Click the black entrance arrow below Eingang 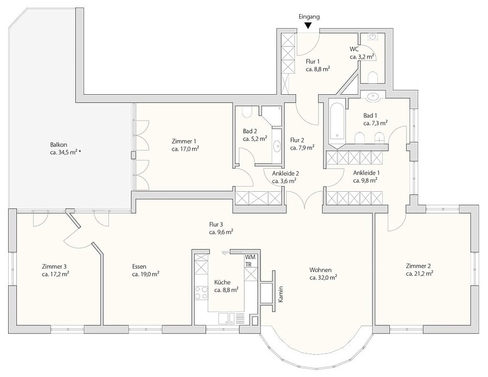coord(308,26)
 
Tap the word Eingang coord(309,17)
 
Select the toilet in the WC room coord(372,77)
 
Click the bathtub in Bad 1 coord(338,121)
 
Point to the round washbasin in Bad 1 coord(373,97)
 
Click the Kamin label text coord(281,294)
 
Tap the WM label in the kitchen coord(250,257)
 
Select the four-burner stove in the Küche coord(201,293)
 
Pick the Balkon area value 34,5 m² coord(65,153)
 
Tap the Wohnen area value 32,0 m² coord(324,277)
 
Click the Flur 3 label coord(216,224)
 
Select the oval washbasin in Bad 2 coord(276,146)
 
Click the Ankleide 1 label coord(366,173)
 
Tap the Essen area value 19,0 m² coord(146,275)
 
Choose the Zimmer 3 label coord(54,266)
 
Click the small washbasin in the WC coord(372,37)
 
